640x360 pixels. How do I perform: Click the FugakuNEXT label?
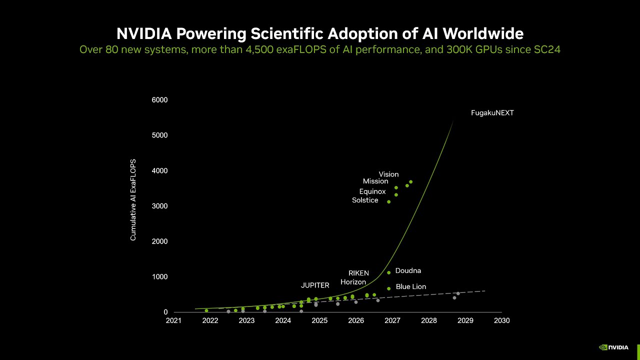[x=492, y=113]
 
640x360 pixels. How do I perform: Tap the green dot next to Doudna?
[x=388, y=272]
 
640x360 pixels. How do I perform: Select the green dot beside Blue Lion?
[x=388, y=288]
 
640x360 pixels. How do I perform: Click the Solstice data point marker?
[x=388, y=201]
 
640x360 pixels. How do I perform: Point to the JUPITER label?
[x=315, y=285]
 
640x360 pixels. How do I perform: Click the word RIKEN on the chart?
[x=358, y=273]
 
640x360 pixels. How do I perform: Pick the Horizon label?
[x=353, y=282]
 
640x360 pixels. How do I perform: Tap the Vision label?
[x=388, y=174]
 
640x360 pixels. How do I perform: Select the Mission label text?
[x=375, y=181]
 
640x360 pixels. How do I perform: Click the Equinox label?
[x=372, y=191]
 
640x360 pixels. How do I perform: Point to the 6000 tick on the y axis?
[x=159, y=100]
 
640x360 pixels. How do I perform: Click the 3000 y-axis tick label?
[x=159, y=206]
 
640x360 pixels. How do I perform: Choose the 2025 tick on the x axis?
[x=319, y=320]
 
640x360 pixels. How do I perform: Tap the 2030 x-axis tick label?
[x=501, y=320]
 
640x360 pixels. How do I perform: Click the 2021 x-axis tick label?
[x=173, y=320]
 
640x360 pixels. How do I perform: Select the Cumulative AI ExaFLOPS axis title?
[x=133, y=200]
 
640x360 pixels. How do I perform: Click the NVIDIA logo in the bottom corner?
[x=614, y=347]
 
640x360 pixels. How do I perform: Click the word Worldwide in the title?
[x=483, y=33]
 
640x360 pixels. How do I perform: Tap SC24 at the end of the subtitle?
[x=547, y=50]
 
